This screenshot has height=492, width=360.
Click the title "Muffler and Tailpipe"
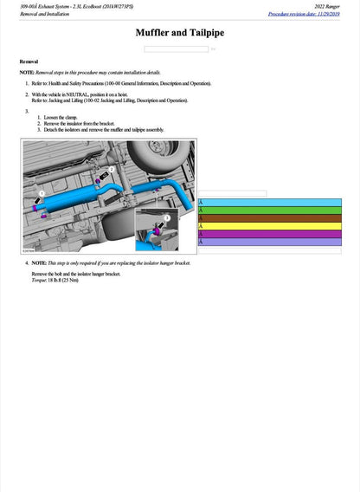[x=180, y=33]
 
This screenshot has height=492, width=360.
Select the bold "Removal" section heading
[x=29, y=61]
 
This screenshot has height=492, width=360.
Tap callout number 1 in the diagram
[x=40, y=196]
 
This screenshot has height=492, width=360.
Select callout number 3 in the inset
[x=166, y=219]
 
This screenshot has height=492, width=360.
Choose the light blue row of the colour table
[x=270, y=203]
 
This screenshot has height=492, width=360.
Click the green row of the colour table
[x=270, y=210]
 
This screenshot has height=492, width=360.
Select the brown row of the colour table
[x=270, y=218]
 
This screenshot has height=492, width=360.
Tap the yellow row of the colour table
[x=270, y=226]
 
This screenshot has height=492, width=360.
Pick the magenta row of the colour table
[x=270, y=234]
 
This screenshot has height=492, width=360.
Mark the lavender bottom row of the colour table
[x=270, y=242]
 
